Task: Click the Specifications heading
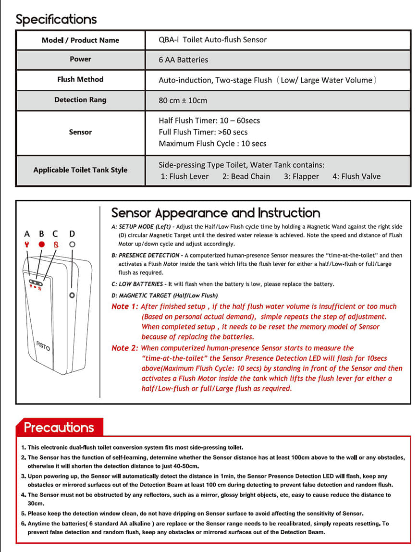(x=56, y=19)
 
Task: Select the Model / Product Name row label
(x=80, y=40)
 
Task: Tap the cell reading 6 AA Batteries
(x=183, y=60)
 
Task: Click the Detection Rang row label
(x=80, y=100)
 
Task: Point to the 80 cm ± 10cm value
(x=183, y=100)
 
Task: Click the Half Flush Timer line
(x=209, y=121)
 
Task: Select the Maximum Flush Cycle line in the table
(x=212, y=143)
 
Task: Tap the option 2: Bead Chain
(x=246, y=176)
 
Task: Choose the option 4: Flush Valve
(x=356, y=176)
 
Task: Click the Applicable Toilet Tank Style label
(x=80, y=170)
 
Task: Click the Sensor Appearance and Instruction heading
(x=216, y=213)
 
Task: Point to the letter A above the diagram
(x=27, y=234)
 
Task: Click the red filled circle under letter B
(x=41, y=245)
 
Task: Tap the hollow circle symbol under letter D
(x=72, y=245)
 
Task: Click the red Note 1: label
(x=125, y=307)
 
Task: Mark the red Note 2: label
(x=125, y=348)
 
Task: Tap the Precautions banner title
(x=59, y=427)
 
